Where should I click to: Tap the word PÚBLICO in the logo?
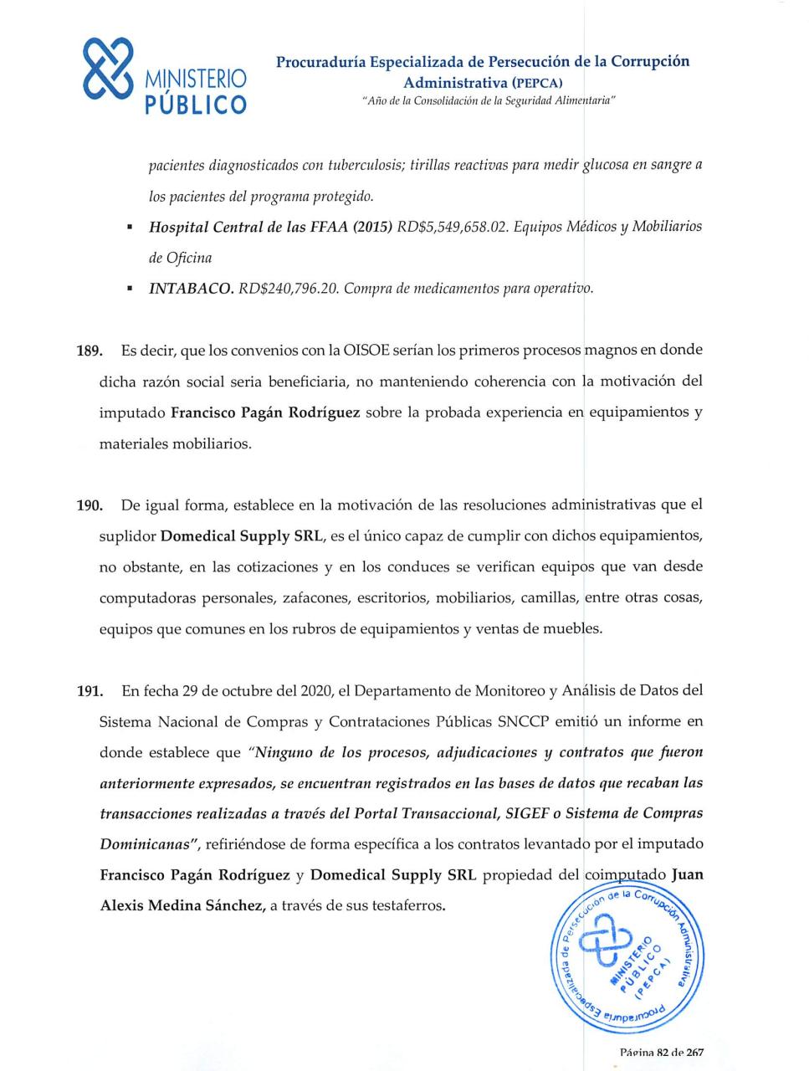click(x=196, y=104)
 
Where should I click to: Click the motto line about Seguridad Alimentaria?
click(x=489, y=100)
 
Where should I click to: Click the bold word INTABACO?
click(x=191, y=289)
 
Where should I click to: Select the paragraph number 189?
click(x=89, y=351)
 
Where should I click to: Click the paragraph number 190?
click(x=89, y=505)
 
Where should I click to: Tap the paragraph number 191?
click(x=89, y=691)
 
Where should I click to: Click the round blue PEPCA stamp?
click(x=627, y=958)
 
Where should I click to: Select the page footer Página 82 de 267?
click(x=661, y=1053)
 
